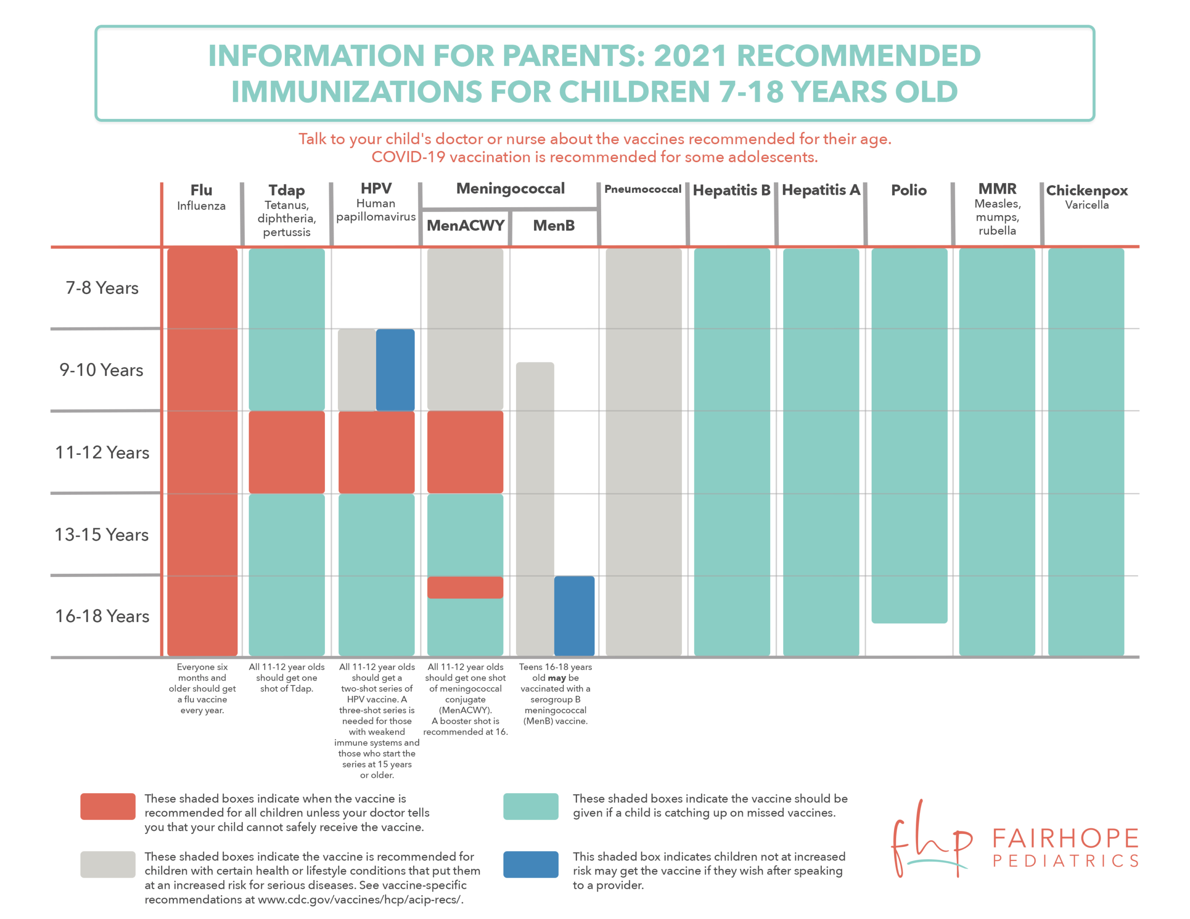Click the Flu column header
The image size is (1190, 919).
click(201, 190)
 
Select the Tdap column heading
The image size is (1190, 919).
click(287, 190)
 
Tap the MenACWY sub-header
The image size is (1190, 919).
click(465, 225)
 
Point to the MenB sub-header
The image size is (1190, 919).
click(554, 225)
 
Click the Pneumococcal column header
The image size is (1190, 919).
click(643, 189)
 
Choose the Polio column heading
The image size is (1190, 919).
click(909, 190)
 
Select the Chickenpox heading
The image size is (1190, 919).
click(1086, 190)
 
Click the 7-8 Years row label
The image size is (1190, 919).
click(102, 288)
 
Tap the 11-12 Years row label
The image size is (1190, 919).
click(102, 452)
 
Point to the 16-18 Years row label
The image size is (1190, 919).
click(102, 616)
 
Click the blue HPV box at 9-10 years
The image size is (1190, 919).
click(395, 370)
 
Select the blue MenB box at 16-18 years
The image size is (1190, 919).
click(574, 616)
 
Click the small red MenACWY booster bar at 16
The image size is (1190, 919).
click(465, 587)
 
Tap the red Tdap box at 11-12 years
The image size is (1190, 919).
click(287, 452)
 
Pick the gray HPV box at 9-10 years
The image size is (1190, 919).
click(357, 370)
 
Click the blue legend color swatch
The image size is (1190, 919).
click(531, 865)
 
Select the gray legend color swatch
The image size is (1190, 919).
click(108, 865)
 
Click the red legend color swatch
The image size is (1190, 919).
click(108, 806)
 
